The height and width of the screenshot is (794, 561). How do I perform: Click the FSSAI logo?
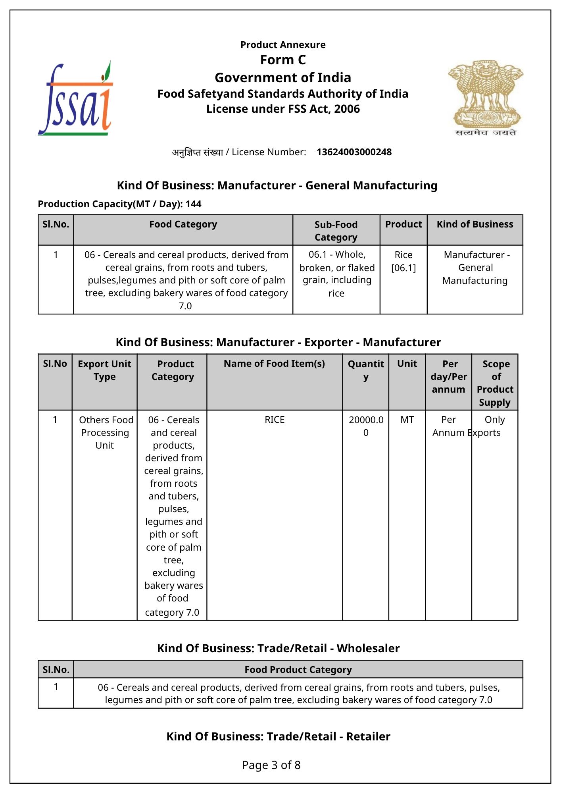click(x=75, y=99)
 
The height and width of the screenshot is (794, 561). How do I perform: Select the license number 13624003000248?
click(x=354, y=152)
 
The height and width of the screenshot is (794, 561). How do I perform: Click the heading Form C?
click(x=283, y=60)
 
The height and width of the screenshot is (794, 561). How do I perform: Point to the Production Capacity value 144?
click(x=194, y=204)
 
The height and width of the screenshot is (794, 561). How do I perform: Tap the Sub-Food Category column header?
click(x=336, y=231)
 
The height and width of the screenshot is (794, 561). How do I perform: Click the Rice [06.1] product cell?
click(x=403, y=261)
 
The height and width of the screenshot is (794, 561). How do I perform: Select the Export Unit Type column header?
click(x=104, y=370)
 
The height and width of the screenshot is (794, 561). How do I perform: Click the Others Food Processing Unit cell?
click(x=105, y=432)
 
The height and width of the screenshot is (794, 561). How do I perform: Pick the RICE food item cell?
click(x=275, y=420)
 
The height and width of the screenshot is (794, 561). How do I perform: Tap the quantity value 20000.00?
click(x=366, y=426)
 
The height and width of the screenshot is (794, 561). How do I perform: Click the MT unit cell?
click(x=407, y=420)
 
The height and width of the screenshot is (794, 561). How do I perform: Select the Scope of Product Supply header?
click(x=495, y=383)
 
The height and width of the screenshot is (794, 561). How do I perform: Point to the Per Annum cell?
click(x=448, y=426)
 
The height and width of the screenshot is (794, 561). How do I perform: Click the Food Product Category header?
click(x=298, y=670)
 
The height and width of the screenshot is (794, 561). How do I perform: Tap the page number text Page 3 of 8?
click(x=271, y=765)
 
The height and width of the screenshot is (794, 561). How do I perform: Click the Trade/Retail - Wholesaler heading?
click(x=279, y=648)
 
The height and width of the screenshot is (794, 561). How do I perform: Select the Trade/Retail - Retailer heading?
click(x=279, y=736)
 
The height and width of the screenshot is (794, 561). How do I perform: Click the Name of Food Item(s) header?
click(x=274, y=364)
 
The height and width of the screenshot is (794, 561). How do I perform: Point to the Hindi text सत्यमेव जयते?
click(x=486, y=133)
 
